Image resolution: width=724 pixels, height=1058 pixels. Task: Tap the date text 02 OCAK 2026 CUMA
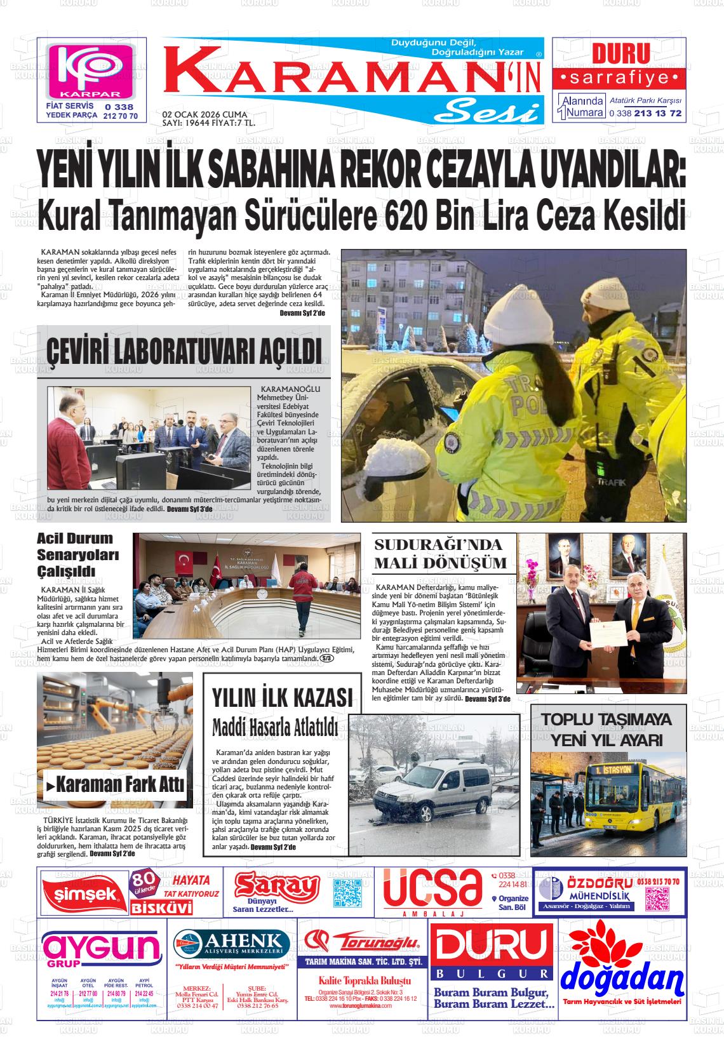(204, 114)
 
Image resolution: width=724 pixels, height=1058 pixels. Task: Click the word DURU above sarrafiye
(620, 54)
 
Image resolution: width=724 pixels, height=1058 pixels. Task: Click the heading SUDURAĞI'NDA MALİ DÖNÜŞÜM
(440, 553)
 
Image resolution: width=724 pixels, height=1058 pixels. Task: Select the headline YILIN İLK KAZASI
(281, 698)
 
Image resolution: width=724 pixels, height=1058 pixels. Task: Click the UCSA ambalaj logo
(431, 890)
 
